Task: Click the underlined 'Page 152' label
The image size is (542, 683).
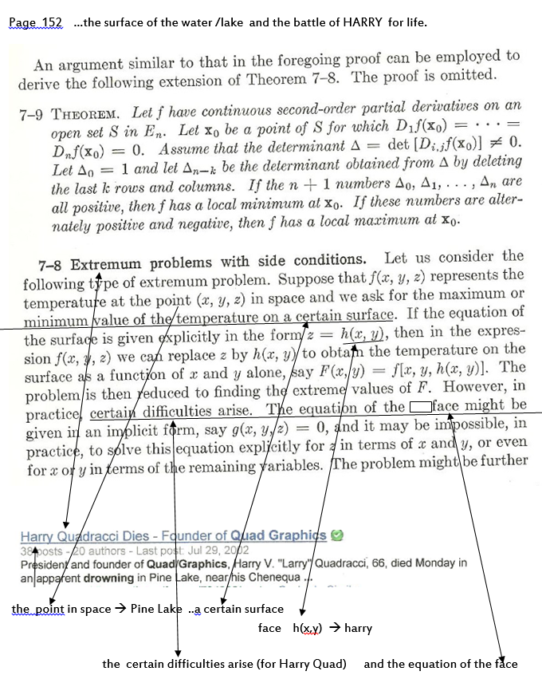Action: (35, 22)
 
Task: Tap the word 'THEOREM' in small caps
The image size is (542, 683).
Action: (88, 112)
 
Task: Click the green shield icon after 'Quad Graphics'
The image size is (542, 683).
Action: (337, 535)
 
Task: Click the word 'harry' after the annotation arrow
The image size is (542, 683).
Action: (358, 629)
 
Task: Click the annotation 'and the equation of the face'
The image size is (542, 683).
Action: (441, 664)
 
